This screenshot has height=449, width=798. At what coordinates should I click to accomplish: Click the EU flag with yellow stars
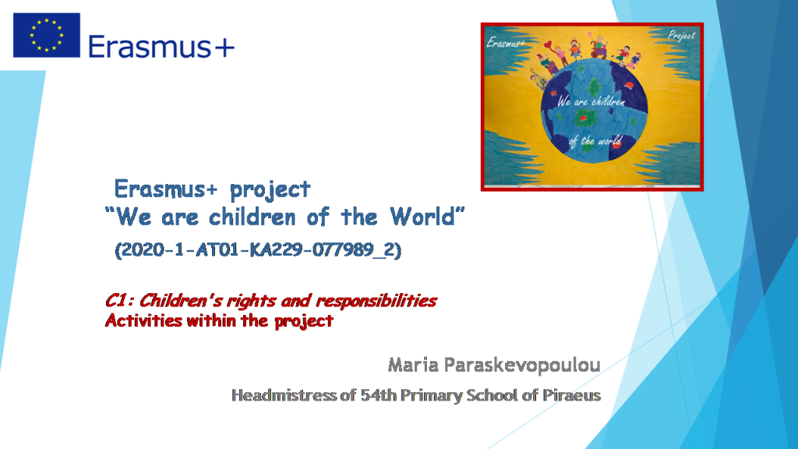pos(46,35)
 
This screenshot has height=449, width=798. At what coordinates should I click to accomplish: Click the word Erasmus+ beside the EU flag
pos(161,47)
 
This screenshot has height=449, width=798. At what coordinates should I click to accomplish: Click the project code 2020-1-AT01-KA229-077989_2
pos(257,251)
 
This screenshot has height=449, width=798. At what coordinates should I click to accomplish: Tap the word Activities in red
pos(143,320)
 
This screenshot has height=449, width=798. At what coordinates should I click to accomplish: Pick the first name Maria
pos(411,364)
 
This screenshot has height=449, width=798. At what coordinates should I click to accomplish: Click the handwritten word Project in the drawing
pos(680,36)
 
